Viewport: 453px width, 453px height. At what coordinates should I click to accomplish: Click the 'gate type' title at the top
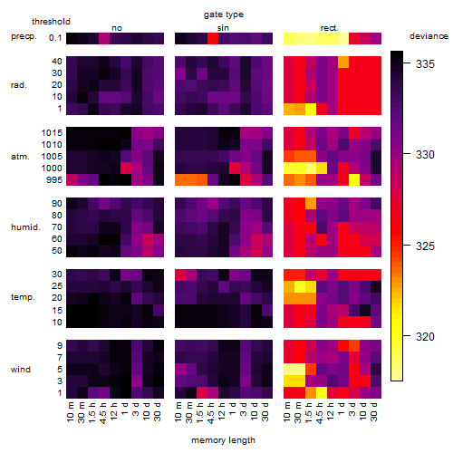pos(224,14)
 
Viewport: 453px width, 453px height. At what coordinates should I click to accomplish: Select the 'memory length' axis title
pos(223,440)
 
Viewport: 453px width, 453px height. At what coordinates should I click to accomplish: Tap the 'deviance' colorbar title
pos(429,36)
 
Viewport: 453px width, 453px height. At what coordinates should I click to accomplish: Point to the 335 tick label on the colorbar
pos(425,63)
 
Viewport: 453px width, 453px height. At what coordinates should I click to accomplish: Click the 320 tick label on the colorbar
pos(425,336)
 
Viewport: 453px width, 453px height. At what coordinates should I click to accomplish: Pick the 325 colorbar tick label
pos(425,246)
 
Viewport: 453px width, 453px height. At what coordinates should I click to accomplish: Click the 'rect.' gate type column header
pos(330,28)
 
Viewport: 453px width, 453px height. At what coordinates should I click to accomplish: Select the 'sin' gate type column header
pos(223,28)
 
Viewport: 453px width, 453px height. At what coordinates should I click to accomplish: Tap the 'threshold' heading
pos(51,22)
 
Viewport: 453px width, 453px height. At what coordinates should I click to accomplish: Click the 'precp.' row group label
pos(24,37)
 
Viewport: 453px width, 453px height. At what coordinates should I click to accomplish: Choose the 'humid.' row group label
pos(25,226)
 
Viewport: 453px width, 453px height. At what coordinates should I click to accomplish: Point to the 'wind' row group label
pos(21,370)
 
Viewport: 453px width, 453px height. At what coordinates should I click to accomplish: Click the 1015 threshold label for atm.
pos(52,133)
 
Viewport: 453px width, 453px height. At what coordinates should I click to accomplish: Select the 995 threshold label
pos(54,180)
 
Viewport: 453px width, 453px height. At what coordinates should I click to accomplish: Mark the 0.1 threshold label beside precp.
pos(55,38)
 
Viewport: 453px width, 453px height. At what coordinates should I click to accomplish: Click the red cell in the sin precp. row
pos(213,38)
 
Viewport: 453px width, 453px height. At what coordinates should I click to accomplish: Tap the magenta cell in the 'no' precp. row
pos(104,38)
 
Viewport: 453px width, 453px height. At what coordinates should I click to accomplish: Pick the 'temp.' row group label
pos(23,297)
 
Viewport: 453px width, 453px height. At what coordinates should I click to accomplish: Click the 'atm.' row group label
pos(20,157)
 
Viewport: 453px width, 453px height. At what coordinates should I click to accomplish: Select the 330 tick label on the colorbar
pos(425,155)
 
